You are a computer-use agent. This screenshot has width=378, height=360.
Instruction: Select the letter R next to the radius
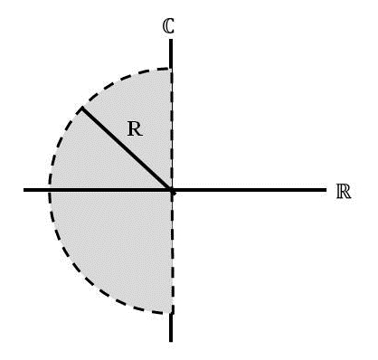[x=134, y=129]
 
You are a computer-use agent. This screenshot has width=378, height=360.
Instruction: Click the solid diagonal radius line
[x=127, y=149]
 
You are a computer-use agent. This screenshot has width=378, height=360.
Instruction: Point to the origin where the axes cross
[x=171, y=191]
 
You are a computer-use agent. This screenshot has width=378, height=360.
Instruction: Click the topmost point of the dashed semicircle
[x=170, y=69]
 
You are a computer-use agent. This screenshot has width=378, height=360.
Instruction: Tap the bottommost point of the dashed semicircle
[x=170, y=313]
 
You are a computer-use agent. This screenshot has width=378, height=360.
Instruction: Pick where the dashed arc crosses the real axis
[x=49, y=191]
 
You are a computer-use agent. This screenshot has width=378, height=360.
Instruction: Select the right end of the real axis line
[x=324, y=191]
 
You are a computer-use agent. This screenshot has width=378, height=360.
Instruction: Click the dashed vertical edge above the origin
[x=171, y=127]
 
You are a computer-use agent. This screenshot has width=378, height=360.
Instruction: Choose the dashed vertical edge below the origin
[x=171, y=253]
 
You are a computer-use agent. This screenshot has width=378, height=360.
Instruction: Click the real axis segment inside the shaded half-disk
[x=109, y=191]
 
